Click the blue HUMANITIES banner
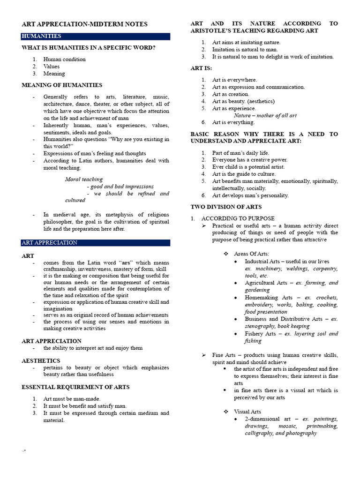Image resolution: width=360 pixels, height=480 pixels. coord(96,36)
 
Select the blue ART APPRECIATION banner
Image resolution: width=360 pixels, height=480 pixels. coord(96,242)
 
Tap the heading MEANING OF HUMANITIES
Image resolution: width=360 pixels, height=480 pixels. coord(62,85)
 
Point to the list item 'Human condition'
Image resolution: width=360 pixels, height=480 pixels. coord(65,59)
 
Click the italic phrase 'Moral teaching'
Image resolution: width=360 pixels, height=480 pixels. coord(84,179)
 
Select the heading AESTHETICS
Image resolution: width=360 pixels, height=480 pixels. coord(41,360)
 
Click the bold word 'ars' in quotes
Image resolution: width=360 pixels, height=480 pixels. coord(126,262)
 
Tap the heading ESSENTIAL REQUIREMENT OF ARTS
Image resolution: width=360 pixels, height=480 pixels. coord(75,387)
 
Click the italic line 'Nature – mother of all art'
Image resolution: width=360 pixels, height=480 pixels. coord(265,115)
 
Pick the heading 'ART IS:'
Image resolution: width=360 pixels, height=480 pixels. coord(201,68)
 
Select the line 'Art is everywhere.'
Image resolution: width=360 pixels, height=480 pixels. coord(234,80)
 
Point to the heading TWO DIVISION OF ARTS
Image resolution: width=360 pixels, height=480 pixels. coord(226,206)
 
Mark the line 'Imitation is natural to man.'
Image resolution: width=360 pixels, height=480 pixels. coord(245,49)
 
